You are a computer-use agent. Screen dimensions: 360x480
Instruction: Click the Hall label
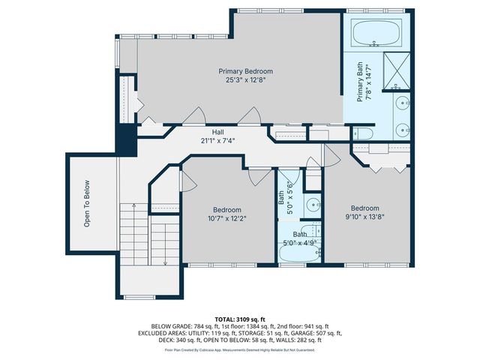pyautogui.click(x=217, y=131)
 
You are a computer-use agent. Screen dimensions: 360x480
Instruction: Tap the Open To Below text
pyautogui.click(x=87, y=203)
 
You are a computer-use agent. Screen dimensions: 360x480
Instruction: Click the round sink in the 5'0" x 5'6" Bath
pyautogui.click(x=311, y=205)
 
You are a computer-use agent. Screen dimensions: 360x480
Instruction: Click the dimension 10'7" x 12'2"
pyautogui.click(x=227, y=219)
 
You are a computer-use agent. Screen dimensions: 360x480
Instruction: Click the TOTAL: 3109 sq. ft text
pyautogui.click(x=240, y=319)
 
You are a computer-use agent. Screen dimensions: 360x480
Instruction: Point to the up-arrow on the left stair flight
pyautogui.click(x=129, y=225)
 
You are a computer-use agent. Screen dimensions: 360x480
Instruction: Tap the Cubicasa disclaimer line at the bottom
pyautogui.click(x=240, y=349)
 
